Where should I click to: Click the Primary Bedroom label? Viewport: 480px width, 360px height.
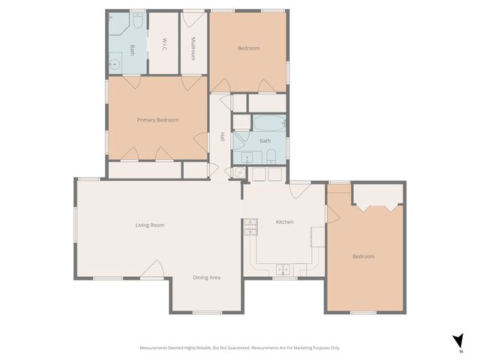(x=157, y=120)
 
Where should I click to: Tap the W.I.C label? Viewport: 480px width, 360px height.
(x=163, y=44)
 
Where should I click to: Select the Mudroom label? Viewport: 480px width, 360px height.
(x=193, y=47)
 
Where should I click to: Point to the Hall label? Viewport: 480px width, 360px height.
(x=223, y=137)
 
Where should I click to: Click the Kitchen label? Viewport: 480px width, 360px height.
(x=285, y=222)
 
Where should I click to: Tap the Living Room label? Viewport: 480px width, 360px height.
(x=150, y=225)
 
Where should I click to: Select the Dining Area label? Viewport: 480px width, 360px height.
(x=206, y=277)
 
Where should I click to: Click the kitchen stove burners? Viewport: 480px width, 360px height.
(x=248, y=228)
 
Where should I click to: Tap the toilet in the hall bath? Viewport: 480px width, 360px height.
(x=271, y=156)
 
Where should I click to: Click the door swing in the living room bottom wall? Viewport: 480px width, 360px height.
(x=155, y=268)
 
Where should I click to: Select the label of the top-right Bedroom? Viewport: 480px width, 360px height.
(x=248, y=48)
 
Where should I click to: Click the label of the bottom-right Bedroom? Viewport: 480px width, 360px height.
(x=363, y=256)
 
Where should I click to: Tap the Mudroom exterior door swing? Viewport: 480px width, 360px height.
(x=193, y=19)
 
